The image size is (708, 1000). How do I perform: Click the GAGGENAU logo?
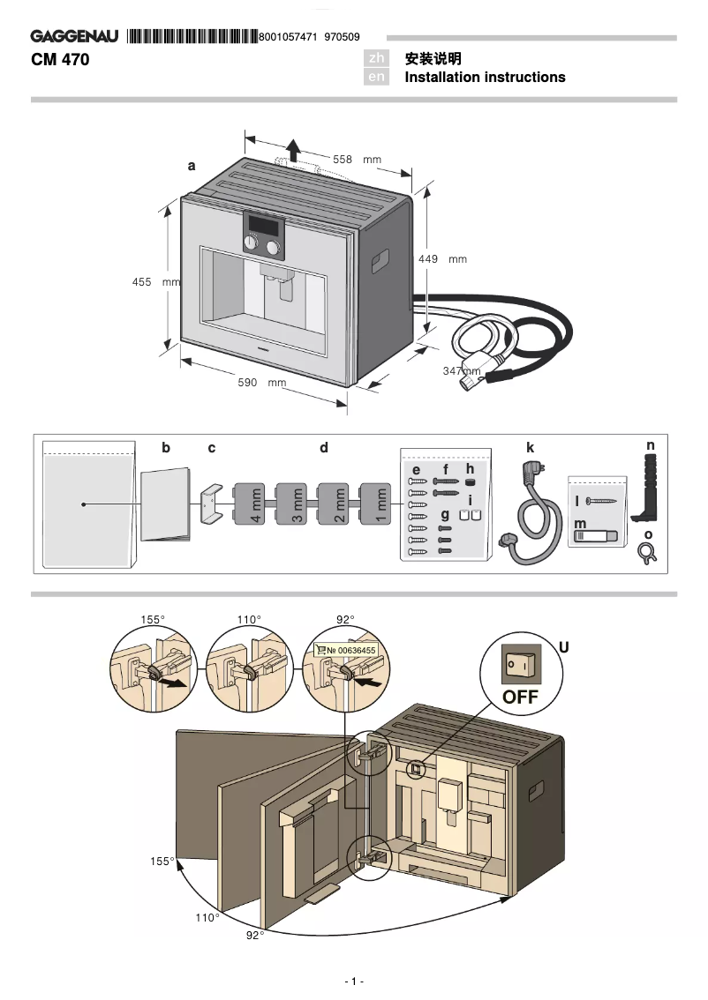point(75,36)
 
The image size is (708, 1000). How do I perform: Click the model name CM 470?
point(60,60)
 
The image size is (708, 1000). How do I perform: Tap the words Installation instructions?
point(485,78)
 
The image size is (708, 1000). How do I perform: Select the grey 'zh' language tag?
point(377,59)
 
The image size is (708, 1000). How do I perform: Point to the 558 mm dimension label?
point(356,160)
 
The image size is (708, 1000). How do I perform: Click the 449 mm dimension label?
point(441,259)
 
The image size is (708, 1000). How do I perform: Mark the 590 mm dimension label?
point(263,383)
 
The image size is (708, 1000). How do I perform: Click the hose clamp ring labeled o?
point(646,552)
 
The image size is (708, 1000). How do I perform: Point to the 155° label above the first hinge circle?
point(152,620)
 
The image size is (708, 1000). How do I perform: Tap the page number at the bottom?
point(353,981)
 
